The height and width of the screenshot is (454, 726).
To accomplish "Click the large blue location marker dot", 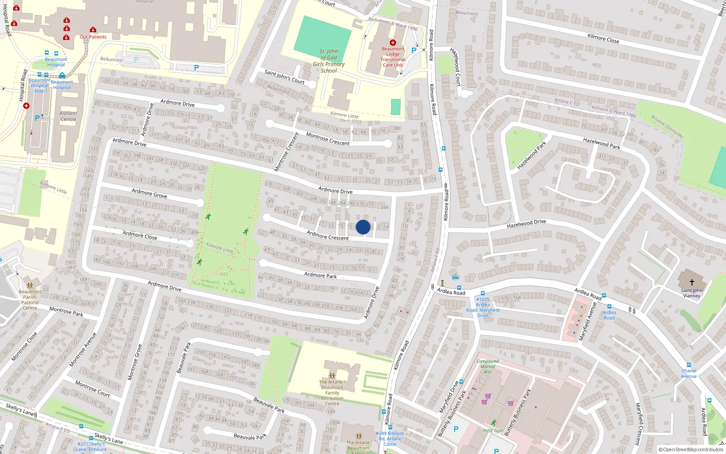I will click(363, 227).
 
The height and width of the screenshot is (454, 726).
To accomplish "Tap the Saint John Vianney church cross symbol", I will click(692, 282).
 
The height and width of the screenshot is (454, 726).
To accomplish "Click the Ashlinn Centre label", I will click(69, 116).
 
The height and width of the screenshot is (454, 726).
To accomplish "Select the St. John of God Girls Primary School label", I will click(329, 61).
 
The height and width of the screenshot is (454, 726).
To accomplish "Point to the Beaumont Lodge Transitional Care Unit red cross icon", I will click(393, 43).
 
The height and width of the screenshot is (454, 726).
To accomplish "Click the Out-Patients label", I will click(93, 37).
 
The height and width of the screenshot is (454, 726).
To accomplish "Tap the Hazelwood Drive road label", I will click(526, 224).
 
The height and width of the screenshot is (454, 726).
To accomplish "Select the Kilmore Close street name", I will click(603, 39).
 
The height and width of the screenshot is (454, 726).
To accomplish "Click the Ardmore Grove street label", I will click(149, 193).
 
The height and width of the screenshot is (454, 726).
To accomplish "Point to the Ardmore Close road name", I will click(140, 235).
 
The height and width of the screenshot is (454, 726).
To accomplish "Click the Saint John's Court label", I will click(285, 77).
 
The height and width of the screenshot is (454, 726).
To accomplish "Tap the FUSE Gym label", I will click(493, 430).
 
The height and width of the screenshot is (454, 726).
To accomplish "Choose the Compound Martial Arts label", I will click(487, 367).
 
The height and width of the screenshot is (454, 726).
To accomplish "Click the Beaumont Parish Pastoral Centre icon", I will click(30, 286).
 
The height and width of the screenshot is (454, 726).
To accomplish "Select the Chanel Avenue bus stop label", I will click(688, 373).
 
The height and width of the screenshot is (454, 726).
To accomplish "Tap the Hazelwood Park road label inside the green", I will click(532, 155).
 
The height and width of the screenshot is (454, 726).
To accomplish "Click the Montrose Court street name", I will click(93, 389).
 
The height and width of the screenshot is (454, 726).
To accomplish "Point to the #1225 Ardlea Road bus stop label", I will click(483, 307).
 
